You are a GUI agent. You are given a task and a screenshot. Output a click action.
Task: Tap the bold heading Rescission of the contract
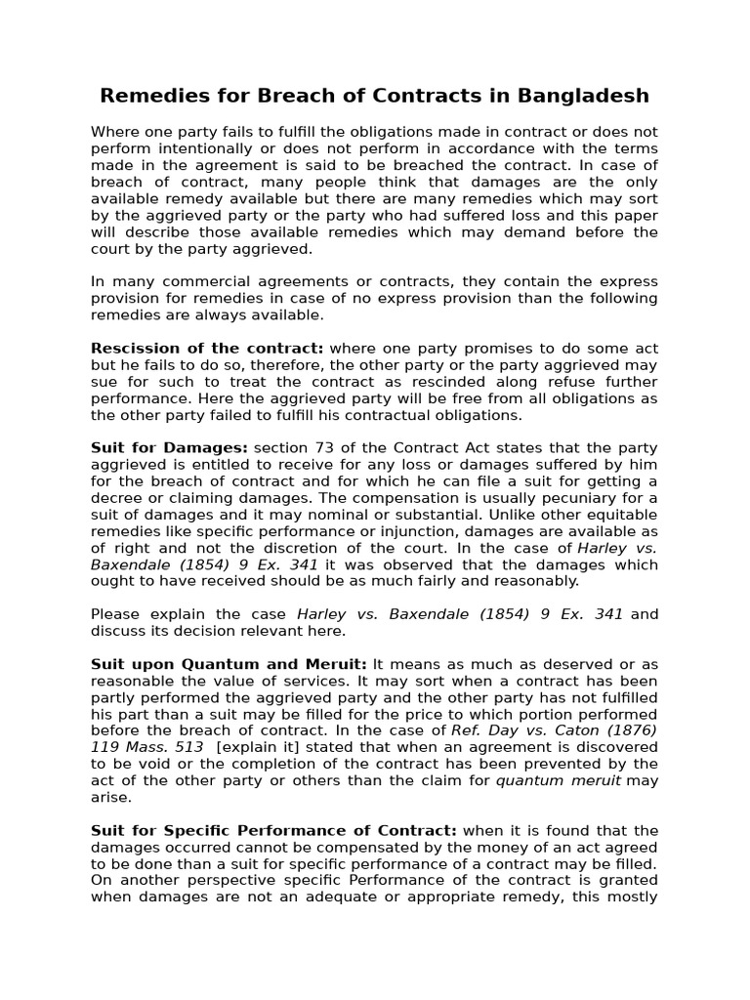207,349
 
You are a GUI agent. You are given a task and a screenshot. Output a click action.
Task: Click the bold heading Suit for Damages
169,447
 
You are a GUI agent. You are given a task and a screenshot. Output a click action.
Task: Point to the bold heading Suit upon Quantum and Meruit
229,664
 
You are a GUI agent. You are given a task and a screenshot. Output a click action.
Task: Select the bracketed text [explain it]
259,747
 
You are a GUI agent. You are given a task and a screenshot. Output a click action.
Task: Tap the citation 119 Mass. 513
146,747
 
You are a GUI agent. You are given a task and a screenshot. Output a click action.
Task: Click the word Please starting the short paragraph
116,614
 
